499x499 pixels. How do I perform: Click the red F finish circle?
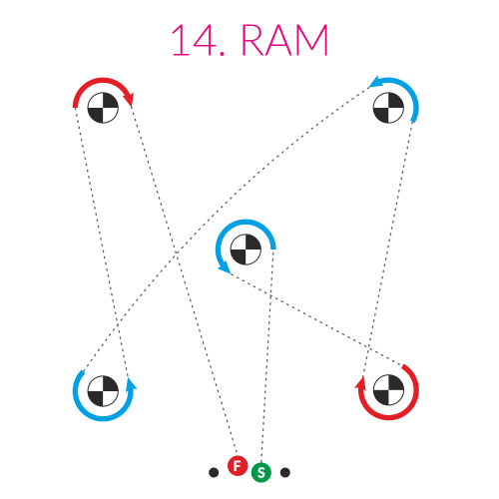(x=238, y=466)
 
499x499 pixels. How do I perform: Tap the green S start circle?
(x=261, y=472)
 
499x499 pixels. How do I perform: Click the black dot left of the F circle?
(x=214, y=472)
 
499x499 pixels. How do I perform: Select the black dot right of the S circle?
(x=285, y=472)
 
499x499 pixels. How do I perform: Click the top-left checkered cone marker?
(x=103, y=108)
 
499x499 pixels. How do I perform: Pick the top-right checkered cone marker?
(x=388, y=108)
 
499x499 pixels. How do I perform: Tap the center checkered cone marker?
(x=246, y=249)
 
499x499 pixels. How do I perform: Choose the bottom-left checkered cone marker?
(x=103, y=391)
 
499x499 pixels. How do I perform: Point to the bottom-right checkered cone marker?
(x=388, y=391)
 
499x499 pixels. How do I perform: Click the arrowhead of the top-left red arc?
(x=130, y=99)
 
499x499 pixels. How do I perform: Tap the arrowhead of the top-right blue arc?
(x=376, y=82)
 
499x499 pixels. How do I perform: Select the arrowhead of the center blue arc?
(x=225, y=267)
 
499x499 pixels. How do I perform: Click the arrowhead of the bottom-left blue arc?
(x=131, y=384)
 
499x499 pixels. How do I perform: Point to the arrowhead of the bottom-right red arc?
(x=360, y=382)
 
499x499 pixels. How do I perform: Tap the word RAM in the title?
(x=284, y=40)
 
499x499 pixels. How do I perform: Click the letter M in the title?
(x=312, y=40)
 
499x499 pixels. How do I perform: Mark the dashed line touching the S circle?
(x=267, y=356)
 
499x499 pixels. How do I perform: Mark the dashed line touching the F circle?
(x=184, y=280)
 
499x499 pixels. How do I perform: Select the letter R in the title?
(x=253, y=40)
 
